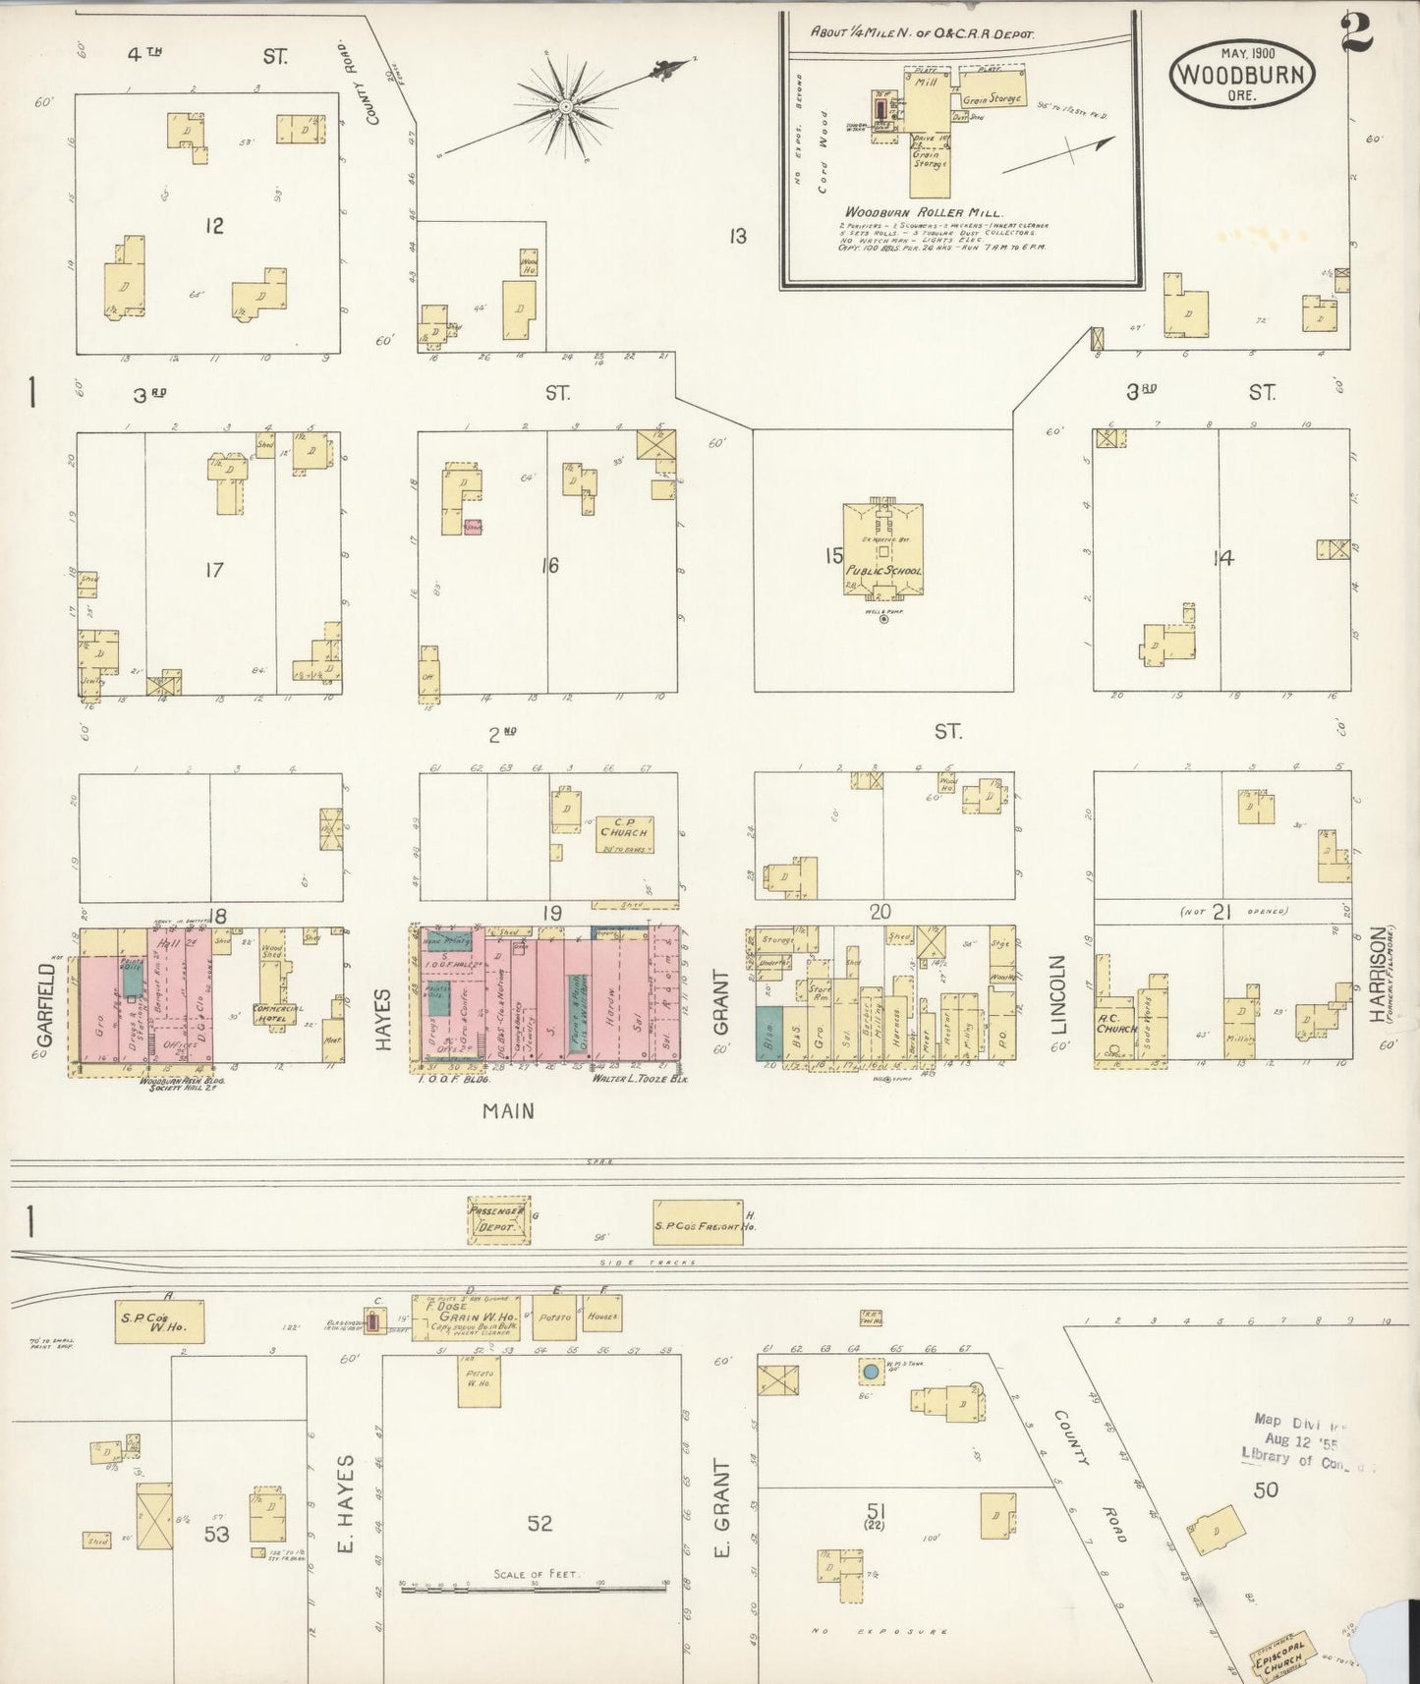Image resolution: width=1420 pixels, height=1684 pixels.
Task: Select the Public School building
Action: (882, 549)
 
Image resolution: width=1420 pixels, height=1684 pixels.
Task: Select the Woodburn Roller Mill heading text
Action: (922, 212)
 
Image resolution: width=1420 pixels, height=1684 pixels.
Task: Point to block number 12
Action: (213, 226)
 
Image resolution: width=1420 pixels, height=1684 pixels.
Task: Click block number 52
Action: (540, 1523)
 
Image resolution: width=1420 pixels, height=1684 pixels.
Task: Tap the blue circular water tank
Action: (870, 1371)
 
